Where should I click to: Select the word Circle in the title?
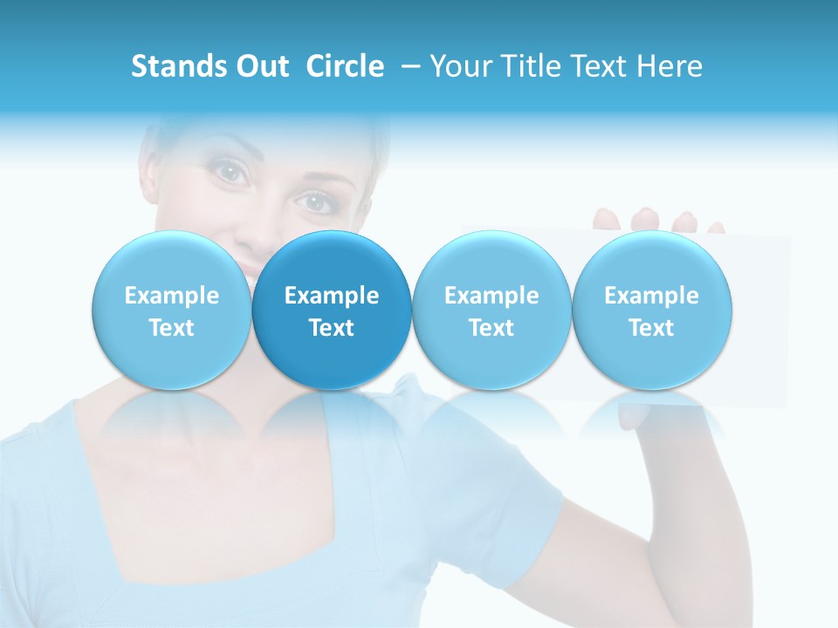point(345,66)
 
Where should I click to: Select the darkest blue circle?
point(332,311)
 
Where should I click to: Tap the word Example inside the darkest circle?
point(332,296)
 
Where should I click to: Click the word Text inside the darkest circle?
point(332,328)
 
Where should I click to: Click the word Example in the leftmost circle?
point(172,296)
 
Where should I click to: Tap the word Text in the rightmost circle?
point(652,328)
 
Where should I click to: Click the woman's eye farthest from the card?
point(230,172)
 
